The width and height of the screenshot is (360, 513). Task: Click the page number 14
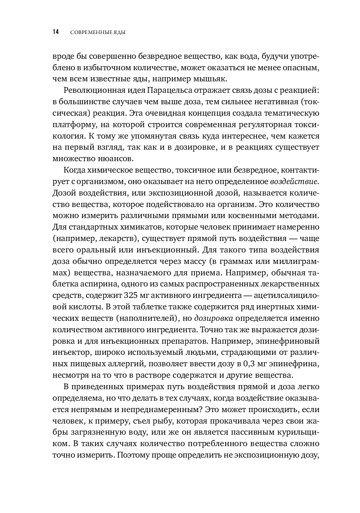coord(55,32)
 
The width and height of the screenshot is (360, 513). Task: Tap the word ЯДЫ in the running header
coord(120,33)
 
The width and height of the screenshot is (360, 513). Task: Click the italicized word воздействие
coord(294,181)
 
